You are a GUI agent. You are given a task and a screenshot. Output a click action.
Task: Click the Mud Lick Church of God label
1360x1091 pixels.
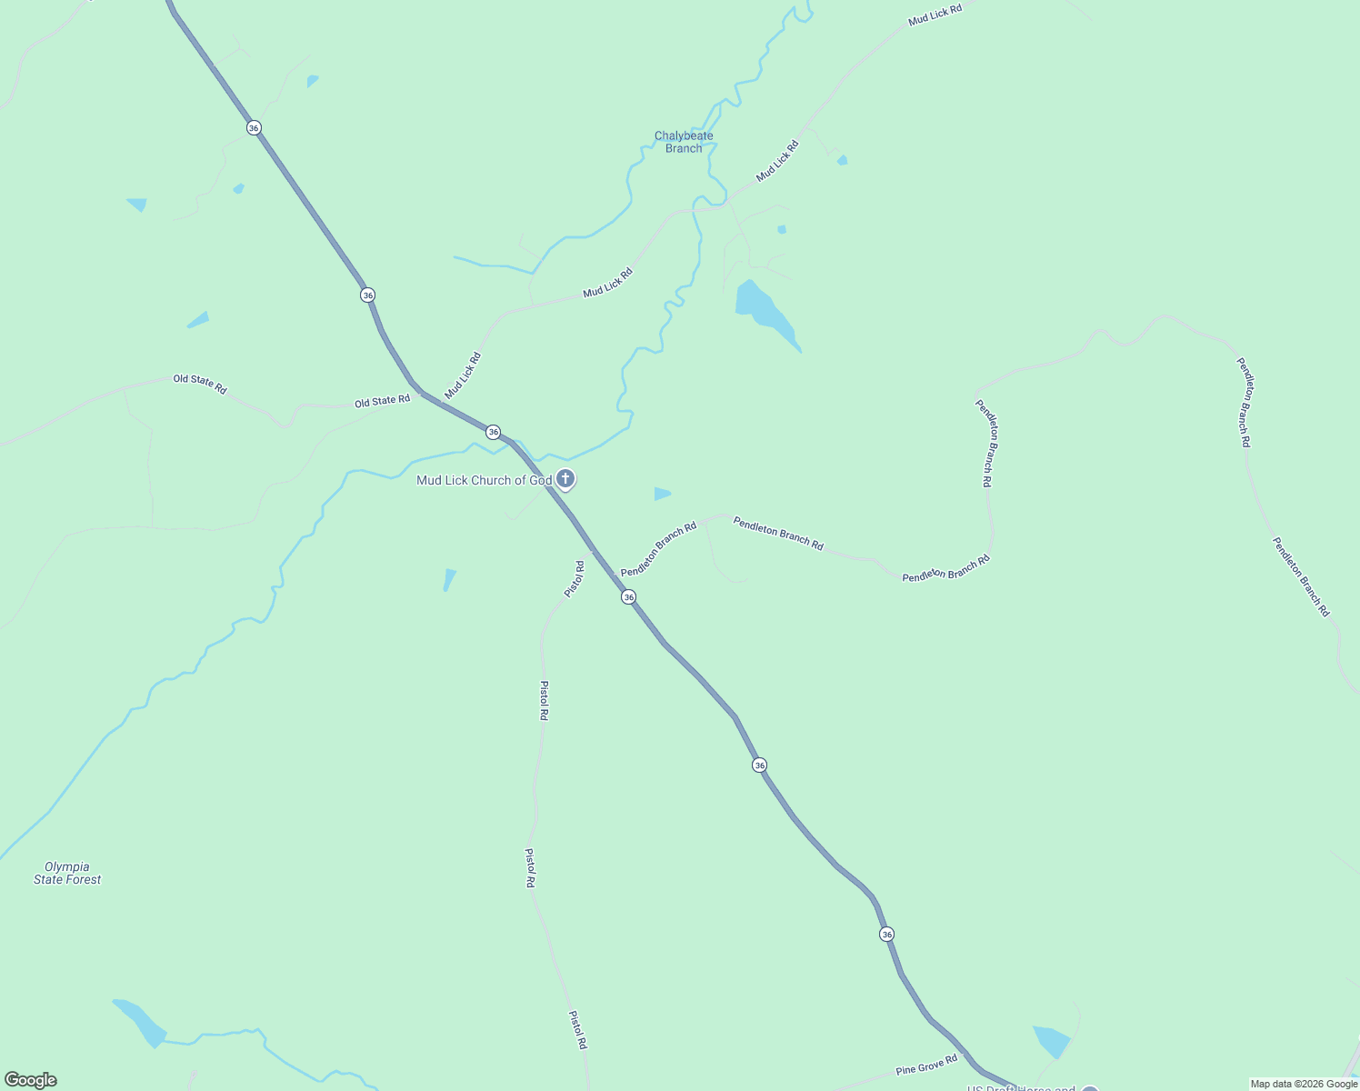(x=484, y=480)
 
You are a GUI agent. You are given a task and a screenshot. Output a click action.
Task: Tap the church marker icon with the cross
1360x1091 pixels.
(x=565, y=479)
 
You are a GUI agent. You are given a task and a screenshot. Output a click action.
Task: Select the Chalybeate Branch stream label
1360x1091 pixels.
(x=684, y=142)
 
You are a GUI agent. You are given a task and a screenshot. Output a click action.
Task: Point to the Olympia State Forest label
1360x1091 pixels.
(x=67, y=873)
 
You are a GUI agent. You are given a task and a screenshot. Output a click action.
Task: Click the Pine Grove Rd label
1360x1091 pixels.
(x=926, y=1065)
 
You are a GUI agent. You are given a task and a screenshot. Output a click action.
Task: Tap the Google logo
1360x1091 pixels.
(x=31, y=1080)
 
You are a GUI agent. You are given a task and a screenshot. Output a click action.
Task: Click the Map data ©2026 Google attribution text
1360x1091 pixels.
(x=1304, y=1084)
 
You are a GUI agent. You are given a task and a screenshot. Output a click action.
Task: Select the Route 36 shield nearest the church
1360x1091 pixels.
(x=493, y=432)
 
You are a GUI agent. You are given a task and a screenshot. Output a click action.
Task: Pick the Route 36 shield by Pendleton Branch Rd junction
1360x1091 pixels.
(x=628, y=597)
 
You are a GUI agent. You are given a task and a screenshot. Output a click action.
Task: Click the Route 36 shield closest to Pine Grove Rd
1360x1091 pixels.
(x=886, y=934)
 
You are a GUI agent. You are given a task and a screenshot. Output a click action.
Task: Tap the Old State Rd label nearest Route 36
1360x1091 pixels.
(x=382, y=401)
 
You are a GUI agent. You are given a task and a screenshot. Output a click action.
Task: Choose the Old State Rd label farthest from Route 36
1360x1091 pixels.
(x=200, y=383)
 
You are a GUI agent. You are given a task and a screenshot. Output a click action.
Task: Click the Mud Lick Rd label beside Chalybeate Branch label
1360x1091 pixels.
(x=777, y=160)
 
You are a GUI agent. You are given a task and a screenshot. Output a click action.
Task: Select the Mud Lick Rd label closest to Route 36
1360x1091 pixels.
(x=463, y=375)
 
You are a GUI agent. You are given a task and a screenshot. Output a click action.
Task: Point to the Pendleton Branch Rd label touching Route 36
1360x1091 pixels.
(x=658, y=549)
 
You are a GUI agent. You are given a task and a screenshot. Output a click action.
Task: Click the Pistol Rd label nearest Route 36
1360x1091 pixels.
(x=574, y=579)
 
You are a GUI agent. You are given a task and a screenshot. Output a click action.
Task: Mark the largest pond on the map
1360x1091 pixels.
(x=765, y=311)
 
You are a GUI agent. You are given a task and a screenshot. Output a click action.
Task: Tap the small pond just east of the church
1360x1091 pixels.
(x=662, y=494)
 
